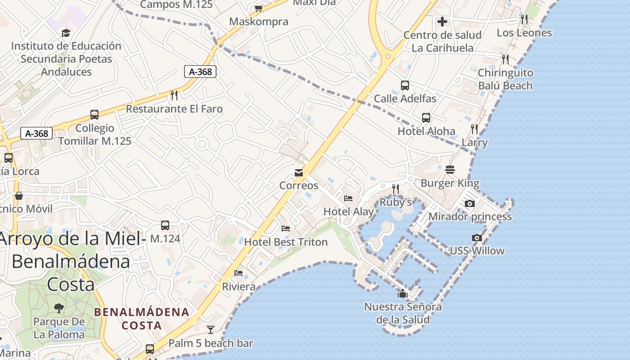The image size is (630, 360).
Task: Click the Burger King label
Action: click(x=450, y=184)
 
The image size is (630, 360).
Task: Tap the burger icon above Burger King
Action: click(x=450, y=170)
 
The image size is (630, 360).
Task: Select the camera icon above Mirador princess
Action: click(x=469, y=203)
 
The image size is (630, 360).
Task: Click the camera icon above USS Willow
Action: click(x=477, y=238)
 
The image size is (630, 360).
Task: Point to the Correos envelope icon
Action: click(x=298, y=173)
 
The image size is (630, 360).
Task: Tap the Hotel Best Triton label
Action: click(x=286, y=242)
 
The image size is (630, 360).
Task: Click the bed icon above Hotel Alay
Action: click(x=348, y=198)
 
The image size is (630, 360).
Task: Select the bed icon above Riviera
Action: click(x=238, y=273)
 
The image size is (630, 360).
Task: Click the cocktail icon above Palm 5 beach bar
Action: click(x=210, y=330)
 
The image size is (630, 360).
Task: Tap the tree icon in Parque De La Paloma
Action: click(x=58, y=308)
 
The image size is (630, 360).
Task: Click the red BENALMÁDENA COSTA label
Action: click(x=141, y=318)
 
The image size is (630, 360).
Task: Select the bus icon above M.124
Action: click(x=165, y=225)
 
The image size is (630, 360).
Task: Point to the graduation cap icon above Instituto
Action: click(x=66, y=33)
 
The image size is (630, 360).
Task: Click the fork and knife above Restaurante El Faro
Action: click(x=174, y=95)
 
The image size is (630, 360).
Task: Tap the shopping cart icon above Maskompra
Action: click(x=258, y=8)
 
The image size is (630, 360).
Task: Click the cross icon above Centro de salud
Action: click(x=442, y=21)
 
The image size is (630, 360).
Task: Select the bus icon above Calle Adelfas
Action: click(x=405, y=85)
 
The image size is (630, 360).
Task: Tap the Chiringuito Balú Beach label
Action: click(x=505, y=79)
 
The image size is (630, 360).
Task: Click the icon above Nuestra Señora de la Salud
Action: click(x=402, y=294)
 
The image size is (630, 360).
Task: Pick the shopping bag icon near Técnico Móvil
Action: click(x=19, y=196)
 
